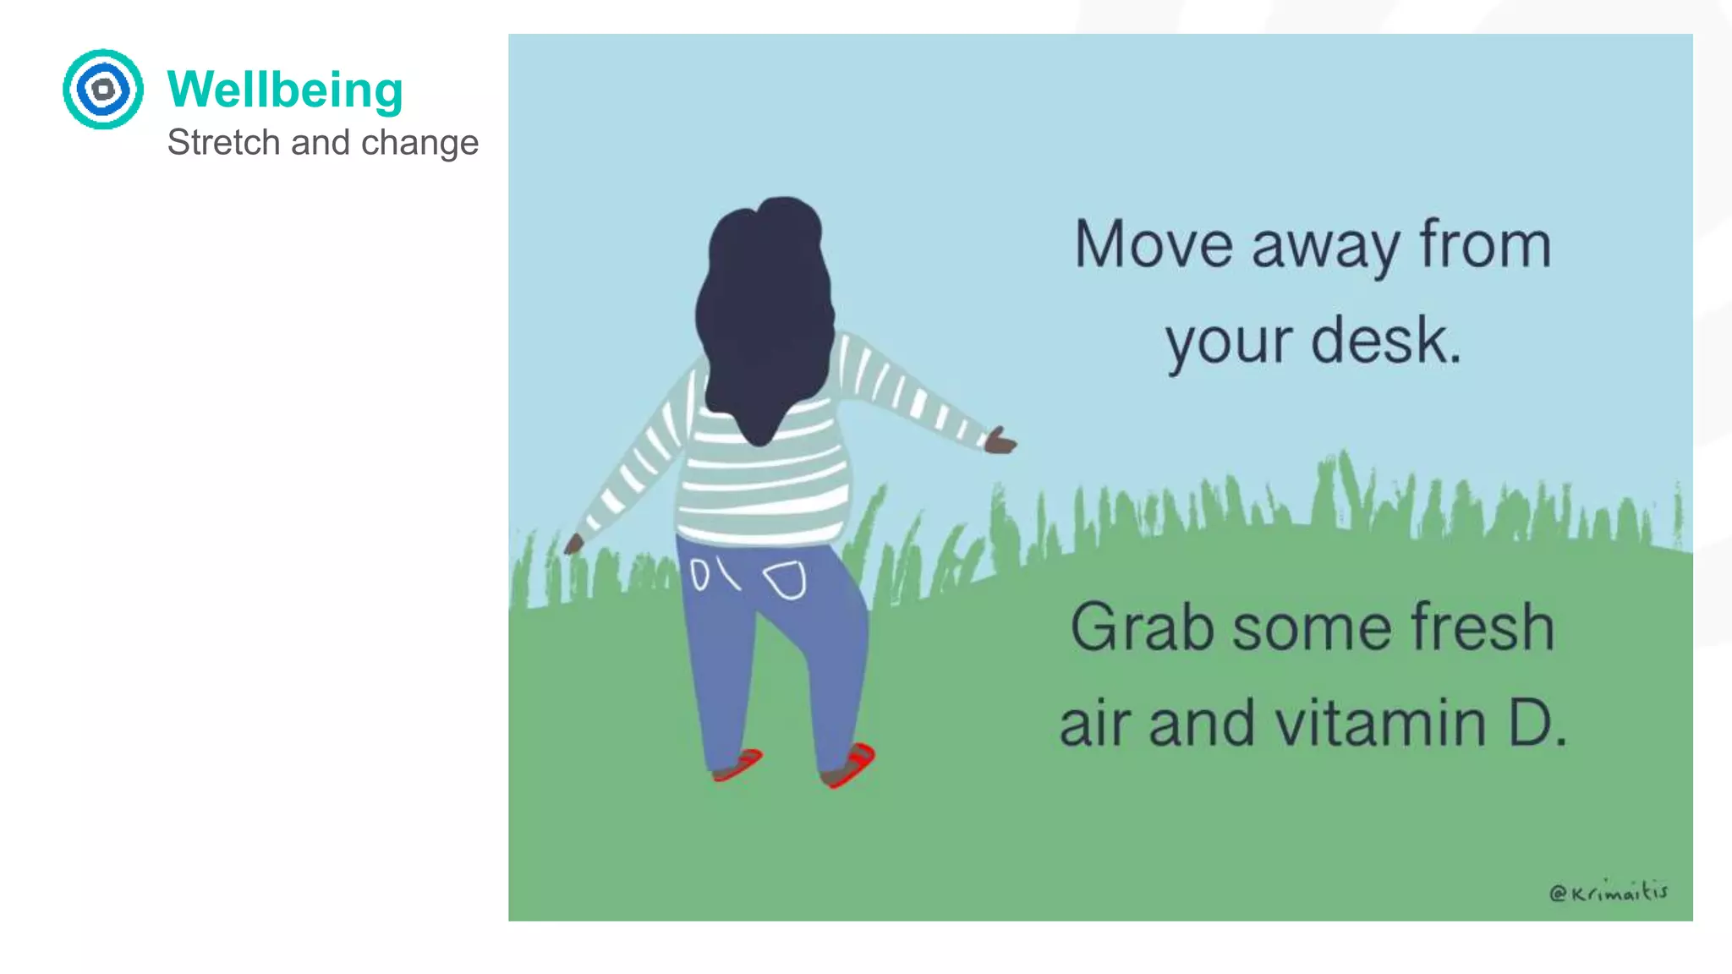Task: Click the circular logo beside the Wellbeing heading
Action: tap(103, 89)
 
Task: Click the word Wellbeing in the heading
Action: tap(285, 90)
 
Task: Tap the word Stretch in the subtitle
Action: tap(223, 142)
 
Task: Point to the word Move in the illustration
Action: tap(1154, 244)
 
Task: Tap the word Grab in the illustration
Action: tap(1142, 627)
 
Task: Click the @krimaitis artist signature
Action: tap(1608, 892)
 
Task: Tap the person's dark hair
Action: tap(765, 313)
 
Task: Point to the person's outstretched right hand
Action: tap(1000, 441)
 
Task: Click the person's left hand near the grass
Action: tap(573, 544)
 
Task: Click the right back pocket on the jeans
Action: tap(786, 580)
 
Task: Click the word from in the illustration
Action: tap(1485, 244)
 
